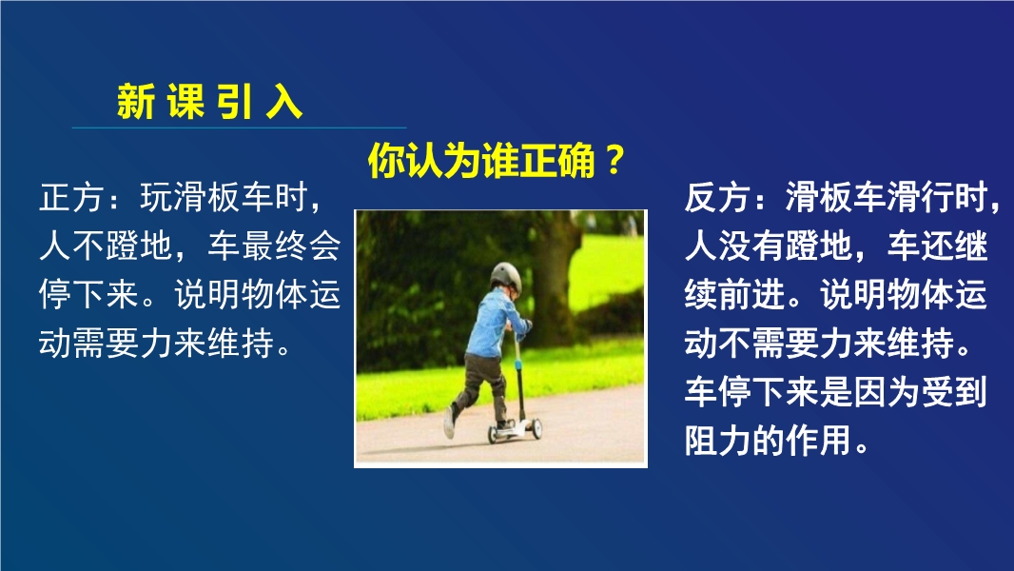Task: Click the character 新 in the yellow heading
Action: pos(136,102)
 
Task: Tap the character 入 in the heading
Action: pos(284,102)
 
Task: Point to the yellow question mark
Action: pos(614,160)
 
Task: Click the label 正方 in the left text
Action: pos(71,197)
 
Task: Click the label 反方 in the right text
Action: pos(716,197)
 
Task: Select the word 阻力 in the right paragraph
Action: pos(716,441)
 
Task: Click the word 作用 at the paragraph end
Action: pos(817,441)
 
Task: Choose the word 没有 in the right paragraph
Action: pos(751,246)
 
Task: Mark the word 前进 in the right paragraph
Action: pos(751,294)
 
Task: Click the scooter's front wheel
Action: pos(536,428)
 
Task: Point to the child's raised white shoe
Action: pos(449,423)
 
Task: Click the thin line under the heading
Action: pos(240,128)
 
